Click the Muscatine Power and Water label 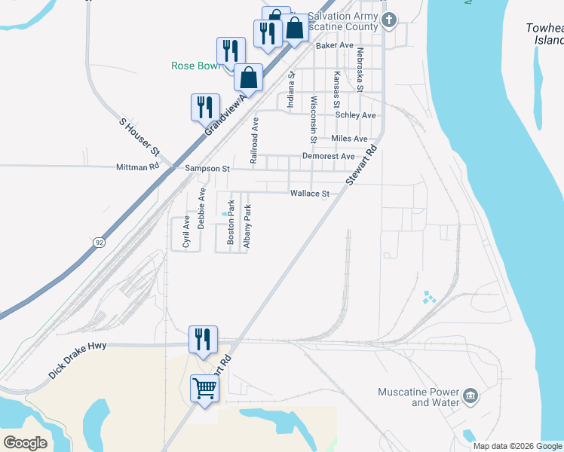coord(418,397)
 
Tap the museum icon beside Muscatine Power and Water coord(471,395)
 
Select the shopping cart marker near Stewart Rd coord(204,389)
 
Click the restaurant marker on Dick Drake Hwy coord(203,339)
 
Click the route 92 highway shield coord(100,242)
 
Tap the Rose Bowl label coord(195,66)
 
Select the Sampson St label coord(207,169)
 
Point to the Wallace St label coord(310,194)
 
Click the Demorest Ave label coord(328,156)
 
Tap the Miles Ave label coord(349,139)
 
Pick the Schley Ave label coord(355,115)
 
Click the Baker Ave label coord(335,45)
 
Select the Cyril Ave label coord(185,231)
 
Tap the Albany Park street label coord(247,226)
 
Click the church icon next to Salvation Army coord(389,20)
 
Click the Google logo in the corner coord(25,443)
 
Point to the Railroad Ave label coord(255,141)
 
